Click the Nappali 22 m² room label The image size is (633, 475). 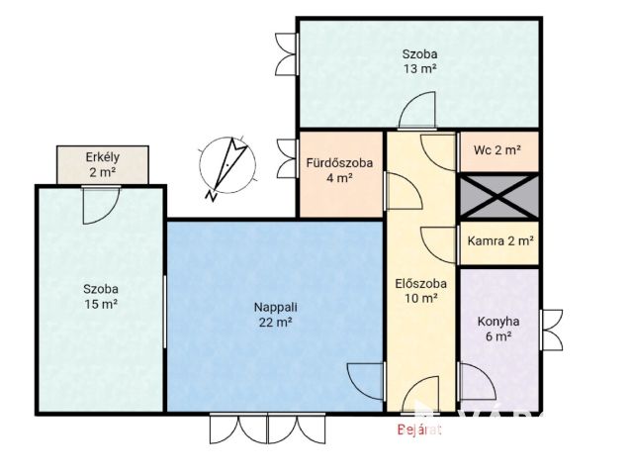point(275,315)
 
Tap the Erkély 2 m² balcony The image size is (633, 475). point(103,165)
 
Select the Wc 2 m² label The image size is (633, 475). point(497,150)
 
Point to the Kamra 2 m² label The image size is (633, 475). point(500,241)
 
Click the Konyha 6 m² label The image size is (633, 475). point(498,329)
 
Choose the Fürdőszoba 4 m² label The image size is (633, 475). point(339,170)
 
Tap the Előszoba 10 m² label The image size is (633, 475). point(421,291)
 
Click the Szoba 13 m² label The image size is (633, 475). point(419,61)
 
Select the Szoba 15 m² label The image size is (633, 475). point(101,297)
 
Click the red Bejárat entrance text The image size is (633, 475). point(419,429)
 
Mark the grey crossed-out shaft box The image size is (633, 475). point(499,196)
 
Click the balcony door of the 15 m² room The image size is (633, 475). point(101,205)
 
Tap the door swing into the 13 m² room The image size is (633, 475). point(417,110)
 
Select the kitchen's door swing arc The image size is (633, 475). point(477,382)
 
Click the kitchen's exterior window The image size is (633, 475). point(551,330)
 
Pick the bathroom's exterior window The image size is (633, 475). point(288,158)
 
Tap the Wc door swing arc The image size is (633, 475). point(439,152)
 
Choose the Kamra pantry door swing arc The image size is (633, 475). point(439,245)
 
